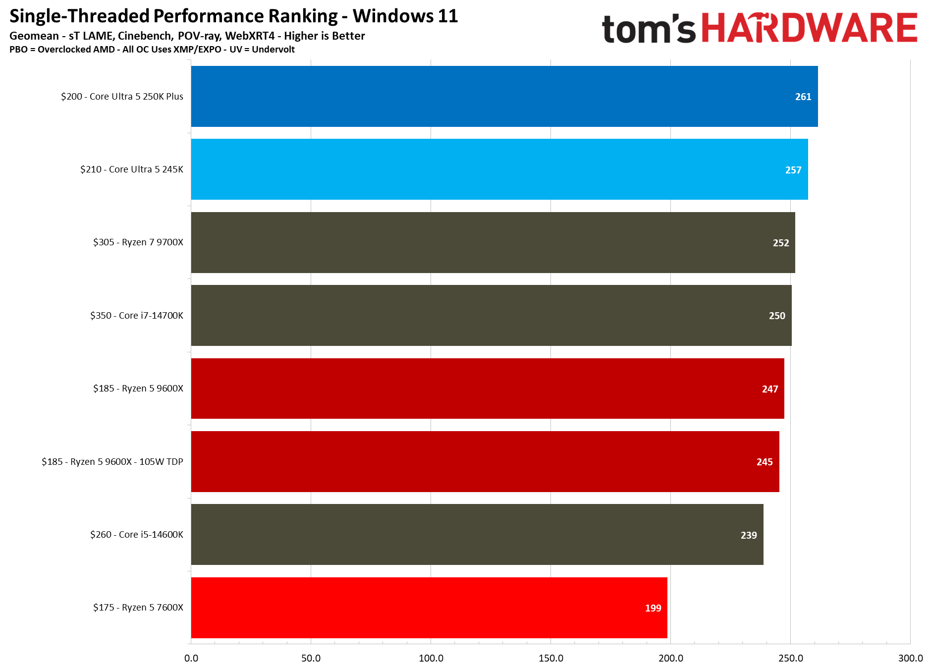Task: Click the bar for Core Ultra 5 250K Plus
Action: tap(504, 96)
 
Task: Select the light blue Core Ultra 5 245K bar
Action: tap(499, 169)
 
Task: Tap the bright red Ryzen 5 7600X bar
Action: tap(429, 608)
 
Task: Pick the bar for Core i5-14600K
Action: tap(477, 534)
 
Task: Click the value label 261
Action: tap(803, 97)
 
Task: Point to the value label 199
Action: tap(653, 608)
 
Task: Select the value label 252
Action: tap(780, 243)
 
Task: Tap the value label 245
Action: tap(764, 462)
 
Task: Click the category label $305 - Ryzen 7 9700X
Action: tap(138, 242)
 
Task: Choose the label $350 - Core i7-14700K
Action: tap(136, 316)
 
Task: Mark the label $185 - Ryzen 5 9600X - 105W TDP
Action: tap(112, 462)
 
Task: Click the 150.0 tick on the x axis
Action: tap(550, 658)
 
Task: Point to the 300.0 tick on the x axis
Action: tap(910, 658)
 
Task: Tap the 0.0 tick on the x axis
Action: tap(191, 658)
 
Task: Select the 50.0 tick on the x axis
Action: tap(311, 658)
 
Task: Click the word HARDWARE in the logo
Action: tap(809, 28)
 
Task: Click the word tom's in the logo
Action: tap(649, 29)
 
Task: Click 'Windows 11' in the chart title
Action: tap(405, 16)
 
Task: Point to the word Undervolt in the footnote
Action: tap(273, 50)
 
